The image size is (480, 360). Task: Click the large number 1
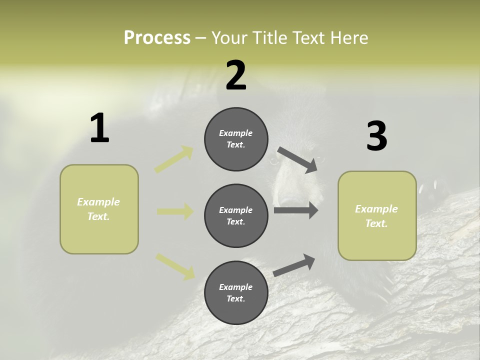[x=99, y=128]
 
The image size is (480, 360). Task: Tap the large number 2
[x=236, y=75]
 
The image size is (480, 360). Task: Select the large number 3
[x=376, y=136]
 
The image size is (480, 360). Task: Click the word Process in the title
[x=157, y=37]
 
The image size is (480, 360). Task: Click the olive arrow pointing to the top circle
[x=174, y=159]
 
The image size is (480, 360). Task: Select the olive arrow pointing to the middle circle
[x=175, y=211]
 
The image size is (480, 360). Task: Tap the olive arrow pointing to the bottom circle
[x=175, y=266]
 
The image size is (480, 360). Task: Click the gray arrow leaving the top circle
[x=297, y=160]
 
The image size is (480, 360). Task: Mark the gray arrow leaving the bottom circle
[x=294, y=265]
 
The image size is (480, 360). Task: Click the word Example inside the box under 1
[x=98, y=202]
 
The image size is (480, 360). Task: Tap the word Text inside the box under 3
[x=376, y=223]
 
